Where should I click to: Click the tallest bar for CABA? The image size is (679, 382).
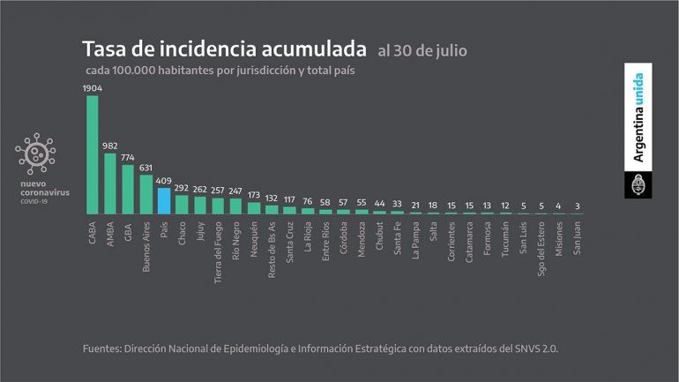point(93,154)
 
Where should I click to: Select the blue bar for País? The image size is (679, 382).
point(164,201)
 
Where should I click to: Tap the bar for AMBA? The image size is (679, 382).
point(110,184)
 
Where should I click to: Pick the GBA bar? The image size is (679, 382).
point(128,190)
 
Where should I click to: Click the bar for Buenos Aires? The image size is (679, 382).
point(146,194)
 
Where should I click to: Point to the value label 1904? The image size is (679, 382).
point(93,88)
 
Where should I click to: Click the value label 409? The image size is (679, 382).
point(164,182)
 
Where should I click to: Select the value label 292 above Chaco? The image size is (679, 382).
point(182,188)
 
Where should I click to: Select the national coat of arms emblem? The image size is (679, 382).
point(639,185)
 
